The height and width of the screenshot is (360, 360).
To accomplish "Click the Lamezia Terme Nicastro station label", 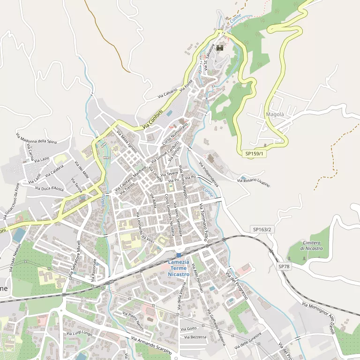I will click(x=178, y=268).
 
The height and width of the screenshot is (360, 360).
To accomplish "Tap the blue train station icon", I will click(x=179, y=255).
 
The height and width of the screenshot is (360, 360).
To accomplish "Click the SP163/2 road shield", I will click(x=262, y=229).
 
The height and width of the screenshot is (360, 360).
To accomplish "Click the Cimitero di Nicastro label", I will click(x=312, y=245).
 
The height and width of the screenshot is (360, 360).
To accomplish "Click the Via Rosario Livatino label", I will click(x=254, y=182).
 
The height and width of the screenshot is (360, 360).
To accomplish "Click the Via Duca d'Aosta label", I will click(x=49, y=188).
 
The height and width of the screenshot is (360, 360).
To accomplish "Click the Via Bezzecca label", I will click(x=195, y=337).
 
